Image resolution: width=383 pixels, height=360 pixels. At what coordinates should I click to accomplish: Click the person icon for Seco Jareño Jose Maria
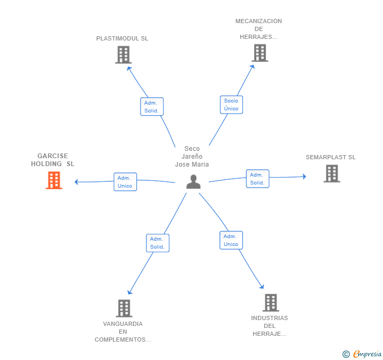tap(194, 181)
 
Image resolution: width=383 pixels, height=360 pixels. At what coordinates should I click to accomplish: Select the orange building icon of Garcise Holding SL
tap(54, 180)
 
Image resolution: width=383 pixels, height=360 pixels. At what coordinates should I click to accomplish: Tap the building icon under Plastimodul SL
tap(123, 55)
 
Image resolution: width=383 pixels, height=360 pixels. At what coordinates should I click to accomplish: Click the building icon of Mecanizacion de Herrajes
tap(259, 53)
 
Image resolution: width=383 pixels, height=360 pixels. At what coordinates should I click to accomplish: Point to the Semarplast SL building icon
tap(331, 173)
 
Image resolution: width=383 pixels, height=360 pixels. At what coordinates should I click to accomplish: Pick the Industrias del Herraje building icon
tap(270, 303)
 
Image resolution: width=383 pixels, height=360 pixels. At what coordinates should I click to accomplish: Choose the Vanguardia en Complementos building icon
tap(124, 308)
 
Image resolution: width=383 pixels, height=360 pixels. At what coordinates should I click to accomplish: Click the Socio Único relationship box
tap(231, 105)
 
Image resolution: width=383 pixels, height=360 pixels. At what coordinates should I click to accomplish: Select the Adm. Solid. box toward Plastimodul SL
tap(152, 107)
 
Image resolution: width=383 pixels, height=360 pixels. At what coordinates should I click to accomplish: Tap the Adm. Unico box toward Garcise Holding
tap(125, 182)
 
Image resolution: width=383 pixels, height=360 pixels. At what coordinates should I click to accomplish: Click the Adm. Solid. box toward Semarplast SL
tap(257, 179)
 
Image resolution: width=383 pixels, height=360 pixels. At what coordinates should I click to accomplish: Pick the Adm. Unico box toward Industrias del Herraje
tap(231, 240)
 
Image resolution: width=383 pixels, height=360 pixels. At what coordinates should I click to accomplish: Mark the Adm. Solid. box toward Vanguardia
tap(157, 243)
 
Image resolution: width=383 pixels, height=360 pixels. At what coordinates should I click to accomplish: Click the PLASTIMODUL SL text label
tap(122, 38)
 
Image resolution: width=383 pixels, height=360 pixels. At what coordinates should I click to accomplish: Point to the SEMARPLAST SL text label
tap(330, 157)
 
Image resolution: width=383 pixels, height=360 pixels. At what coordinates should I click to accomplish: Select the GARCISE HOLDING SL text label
tap(53, 160)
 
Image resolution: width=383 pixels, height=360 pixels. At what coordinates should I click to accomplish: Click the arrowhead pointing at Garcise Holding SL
tap(77, 182)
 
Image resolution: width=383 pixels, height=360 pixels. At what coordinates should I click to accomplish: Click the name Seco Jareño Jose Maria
tap(192, 157)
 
